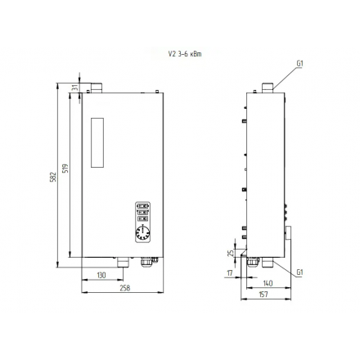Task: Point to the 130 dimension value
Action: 101,276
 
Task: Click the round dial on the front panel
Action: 143,232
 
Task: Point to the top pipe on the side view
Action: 267,86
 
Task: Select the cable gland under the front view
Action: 149,263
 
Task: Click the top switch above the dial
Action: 142,206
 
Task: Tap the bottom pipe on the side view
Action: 253,262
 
